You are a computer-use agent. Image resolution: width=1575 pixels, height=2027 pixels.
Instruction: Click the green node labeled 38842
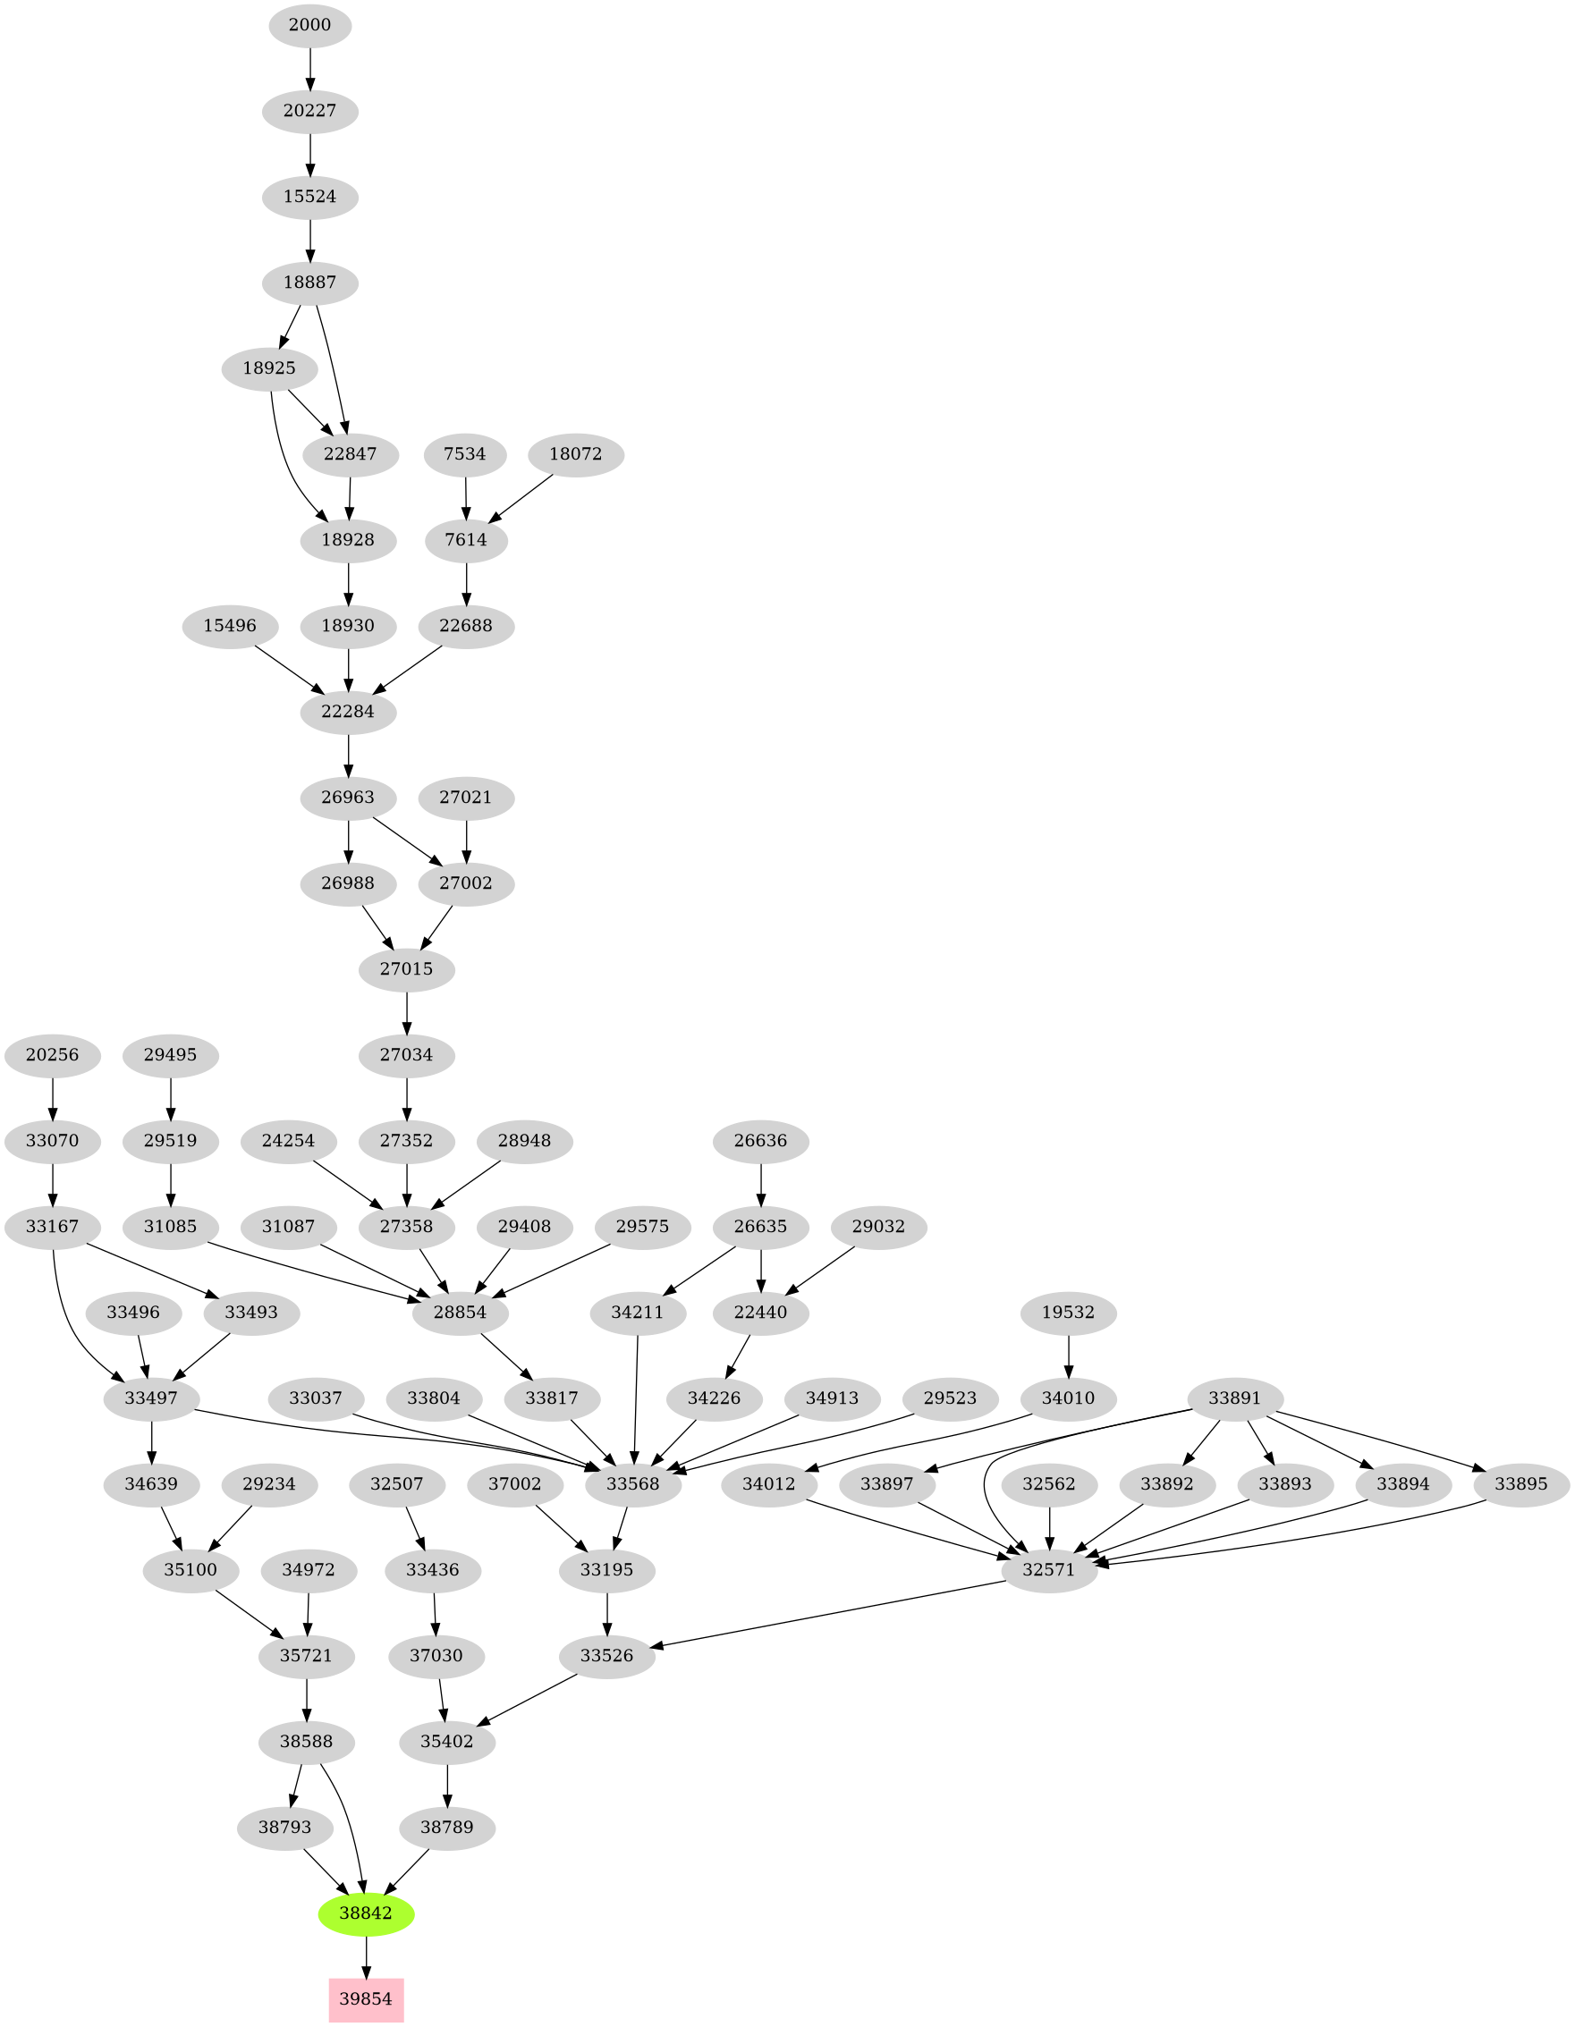tap(366, 1913)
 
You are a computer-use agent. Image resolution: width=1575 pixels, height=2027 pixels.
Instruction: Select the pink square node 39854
tap(366, 1999)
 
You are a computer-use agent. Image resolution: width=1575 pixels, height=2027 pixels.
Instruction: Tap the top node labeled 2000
tap(310, 25)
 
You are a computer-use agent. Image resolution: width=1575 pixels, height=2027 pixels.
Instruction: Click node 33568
tap(633, 1483)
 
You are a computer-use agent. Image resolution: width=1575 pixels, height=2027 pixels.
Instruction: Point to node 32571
tap(1050, 1569)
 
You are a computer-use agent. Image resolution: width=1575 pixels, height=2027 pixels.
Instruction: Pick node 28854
tap(461, 1312)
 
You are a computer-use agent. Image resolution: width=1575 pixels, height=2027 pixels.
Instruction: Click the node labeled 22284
tap(348, 712)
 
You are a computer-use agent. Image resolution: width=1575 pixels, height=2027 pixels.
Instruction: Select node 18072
tap(575, 455)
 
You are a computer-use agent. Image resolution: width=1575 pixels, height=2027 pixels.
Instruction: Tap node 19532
tap(1068, 1312)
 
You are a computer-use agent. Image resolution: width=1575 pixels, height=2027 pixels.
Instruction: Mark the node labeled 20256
tap(52, 1054)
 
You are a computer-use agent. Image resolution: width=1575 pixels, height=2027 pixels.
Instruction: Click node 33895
tap(1521, 1483)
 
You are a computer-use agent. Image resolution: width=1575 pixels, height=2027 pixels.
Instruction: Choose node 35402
tap(447, 1741)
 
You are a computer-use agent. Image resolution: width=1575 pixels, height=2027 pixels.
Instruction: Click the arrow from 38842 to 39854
tap(366, 1956)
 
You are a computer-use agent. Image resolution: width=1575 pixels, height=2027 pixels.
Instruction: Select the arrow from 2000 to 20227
tap(310, 68)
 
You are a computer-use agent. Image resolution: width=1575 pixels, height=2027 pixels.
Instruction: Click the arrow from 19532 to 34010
tap(1068, 1354)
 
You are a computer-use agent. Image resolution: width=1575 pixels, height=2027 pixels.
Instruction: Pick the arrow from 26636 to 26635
tap(761, 1183)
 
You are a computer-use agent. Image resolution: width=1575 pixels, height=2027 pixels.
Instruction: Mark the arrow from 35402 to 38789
tap(447, 1784)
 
